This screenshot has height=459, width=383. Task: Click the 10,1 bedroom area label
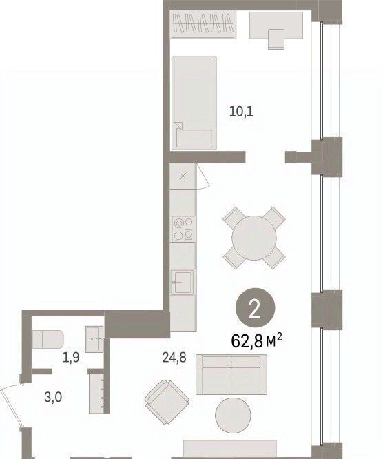[x=241, y=112]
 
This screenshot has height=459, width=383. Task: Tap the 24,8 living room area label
[x=174, y=358]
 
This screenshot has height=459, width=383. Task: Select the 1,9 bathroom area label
[x=71, y=358]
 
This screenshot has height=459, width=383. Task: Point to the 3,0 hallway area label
[x=53, y=398]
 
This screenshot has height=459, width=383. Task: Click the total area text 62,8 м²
[x=256, y=341]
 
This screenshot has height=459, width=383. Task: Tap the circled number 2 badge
[x=255, y=309]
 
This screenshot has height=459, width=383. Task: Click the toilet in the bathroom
[x=48, y=340]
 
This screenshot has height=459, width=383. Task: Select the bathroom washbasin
[x=94, y=339]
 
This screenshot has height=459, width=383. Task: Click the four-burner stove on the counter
[x=183, y=229]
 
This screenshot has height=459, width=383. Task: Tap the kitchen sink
[x=183, y=283]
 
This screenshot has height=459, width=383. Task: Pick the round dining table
[x=254, y=238]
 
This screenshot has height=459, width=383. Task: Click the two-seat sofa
[x=231, y=374]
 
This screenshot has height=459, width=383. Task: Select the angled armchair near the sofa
[x=167, y=402]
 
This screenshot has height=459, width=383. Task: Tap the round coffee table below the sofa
[x=233, y=415]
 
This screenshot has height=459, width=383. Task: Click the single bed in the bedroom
[x=194, y=103]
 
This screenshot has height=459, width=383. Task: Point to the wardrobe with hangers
[x=203, y=24]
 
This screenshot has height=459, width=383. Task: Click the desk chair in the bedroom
[x=276, y=39]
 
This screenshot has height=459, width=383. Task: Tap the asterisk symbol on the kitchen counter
[x=183, y=176]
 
